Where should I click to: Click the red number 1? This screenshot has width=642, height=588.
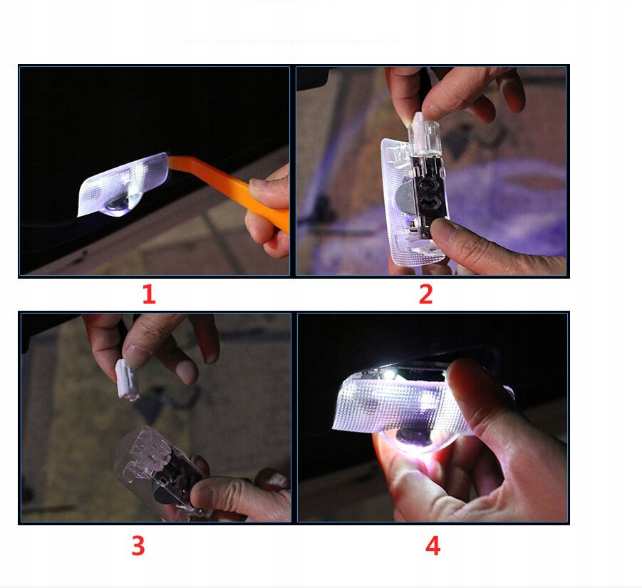coord(149,294)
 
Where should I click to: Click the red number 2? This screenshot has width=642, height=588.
coord(426,294)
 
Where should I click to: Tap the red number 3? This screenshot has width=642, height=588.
coord(138,545)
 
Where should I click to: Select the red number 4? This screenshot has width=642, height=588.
coord(433,545)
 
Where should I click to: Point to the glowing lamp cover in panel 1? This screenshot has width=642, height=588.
coord(123,185)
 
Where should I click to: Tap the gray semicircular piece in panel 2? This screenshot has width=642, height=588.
coord(405,197)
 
